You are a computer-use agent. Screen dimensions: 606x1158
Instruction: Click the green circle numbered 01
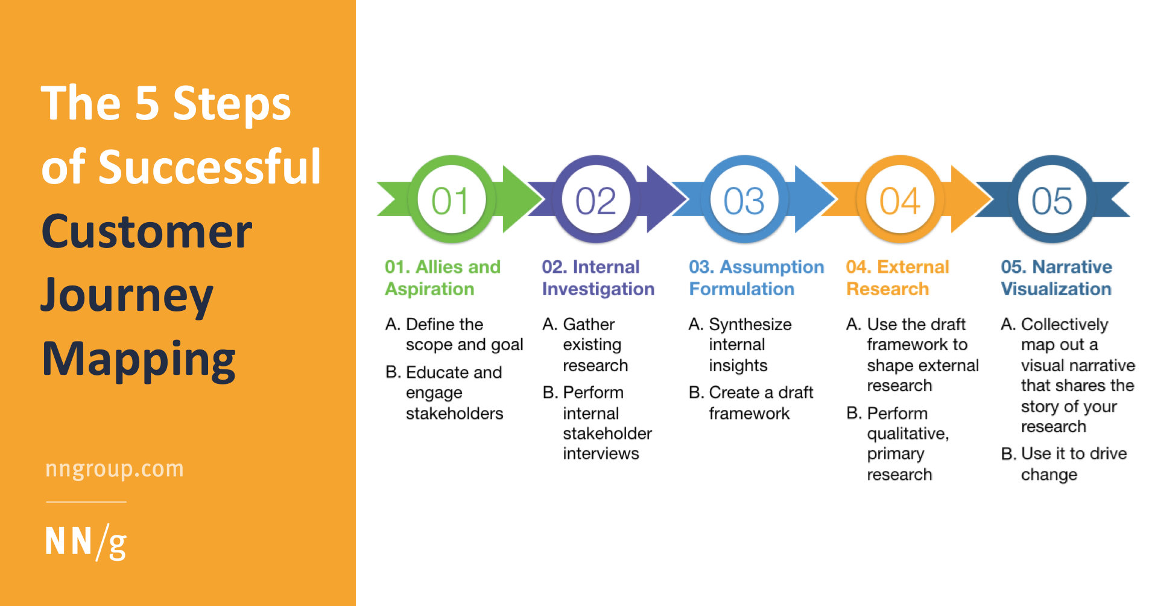(451, 200)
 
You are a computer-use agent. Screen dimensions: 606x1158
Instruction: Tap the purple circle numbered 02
(596, 200)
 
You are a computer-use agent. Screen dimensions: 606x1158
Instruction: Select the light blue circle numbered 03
(744, 200)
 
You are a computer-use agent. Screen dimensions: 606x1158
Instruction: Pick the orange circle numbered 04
(900, 200)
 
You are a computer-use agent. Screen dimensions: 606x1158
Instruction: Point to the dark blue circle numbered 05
(1052, 200)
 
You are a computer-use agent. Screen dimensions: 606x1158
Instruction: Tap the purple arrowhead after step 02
(663, 199)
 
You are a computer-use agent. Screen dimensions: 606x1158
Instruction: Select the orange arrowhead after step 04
(967, 199)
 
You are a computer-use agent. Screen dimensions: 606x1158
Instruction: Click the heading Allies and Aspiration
(442, 278)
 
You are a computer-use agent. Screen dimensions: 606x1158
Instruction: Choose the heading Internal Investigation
(597, 278)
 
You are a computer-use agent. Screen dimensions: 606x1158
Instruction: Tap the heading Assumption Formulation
(756, 278)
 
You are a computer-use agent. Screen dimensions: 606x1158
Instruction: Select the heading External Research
(897, 278)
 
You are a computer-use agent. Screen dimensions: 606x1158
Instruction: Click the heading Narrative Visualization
(1056, 278)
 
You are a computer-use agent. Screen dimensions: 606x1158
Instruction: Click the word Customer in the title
(147, 231)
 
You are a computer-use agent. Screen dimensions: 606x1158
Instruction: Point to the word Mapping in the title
(139, 360)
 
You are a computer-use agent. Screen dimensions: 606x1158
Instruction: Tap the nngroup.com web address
(115, 469)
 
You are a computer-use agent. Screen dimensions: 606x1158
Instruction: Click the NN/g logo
(86, 541)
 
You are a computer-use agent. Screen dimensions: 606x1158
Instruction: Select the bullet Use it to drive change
(1065, 464)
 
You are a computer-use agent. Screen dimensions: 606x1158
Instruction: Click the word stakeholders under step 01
(454, 413)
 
